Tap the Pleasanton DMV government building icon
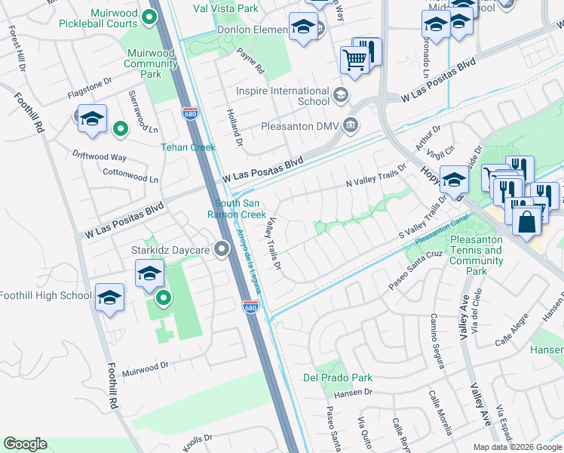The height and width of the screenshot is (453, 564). click(350, 125)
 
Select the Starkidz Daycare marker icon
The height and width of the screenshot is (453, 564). click(222, 248)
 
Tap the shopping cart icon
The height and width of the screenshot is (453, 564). click(354, 59)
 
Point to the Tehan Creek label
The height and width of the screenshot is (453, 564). click(189, 147)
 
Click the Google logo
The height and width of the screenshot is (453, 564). click(25, 444)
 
